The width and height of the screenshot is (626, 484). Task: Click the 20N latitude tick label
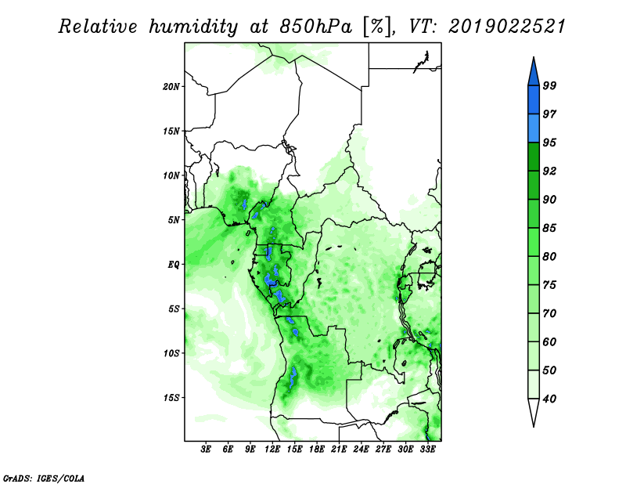[x=171, y=87]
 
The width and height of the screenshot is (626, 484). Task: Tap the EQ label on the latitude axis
[x=174, y=265]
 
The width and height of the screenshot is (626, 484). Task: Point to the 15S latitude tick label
[x=171, y=398]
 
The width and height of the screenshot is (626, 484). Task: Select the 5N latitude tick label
[x=174, y=220]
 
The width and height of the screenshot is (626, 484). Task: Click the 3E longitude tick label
[x=206, y=450]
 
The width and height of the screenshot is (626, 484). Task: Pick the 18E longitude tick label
[x=317, y=450]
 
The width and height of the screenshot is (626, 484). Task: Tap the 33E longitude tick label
[x=427, y=450]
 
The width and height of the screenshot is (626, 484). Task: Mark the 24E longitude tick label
[x=361, y=450]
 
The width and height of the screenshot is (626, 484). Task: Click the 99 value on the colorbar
[x=549, y=85]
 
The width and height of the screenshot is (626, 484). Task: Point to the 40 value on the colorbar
[x=549, y=399]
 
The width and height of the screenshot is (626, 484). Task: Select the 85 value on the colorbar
[x=549, y=228]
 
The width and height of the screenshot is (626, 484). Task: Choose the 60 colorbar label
[x=549, y=341]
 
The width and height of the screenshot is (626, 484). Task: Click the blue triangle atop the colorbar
[x=534, y=74]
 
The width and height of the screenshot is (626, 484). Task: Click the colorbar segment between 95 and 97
[x=534, y=128]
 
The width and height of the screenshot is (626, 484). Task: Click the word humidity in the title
[x=194, y=27]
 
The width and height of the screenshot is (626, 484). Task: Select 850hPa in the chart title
[x=316, y=27]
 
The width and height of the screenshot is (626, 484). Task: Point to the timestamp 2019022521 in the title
[x=507, y=27]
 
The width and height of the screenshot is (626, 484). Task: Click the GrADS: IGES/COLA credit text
[x=44, y=478]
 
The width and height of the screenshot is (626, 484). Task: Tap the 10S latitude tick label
[x=171, y=353]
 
